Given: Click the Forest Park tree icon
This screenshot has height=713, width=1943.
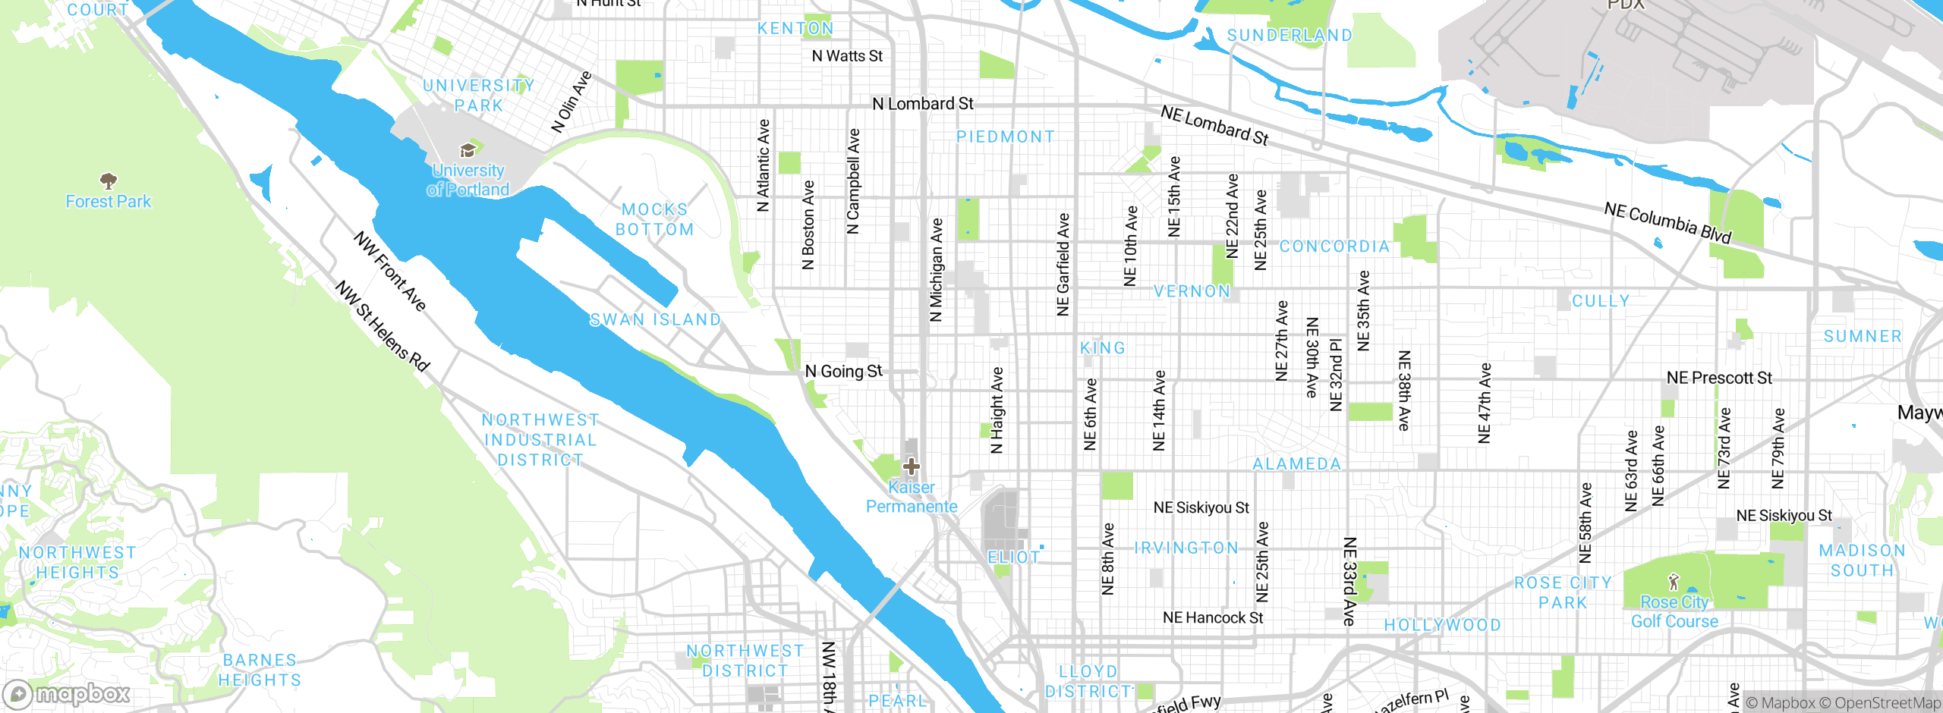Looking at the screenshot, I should (109, 181).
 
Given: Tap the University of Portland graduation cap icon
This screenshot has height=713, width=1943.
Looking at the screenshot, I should (468, 150).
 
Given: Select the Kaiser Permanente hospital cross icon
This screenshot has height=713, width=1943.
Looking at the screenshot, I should (912, 466).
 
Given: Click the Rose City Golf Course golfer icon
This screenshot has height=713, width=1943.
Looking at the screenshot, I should (1674, 583).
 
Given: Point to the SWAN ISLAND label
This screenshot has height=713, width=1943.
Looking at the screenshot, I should (655, 320).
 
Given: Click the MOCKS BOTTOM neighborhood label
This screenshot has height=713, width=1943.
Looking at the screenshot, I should (654, 219).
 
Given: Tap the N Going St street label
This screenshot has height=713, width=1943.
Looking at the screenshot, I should (844, 372).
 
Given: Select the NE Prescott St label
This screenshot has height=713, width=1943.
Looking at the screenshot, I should (1719, 378).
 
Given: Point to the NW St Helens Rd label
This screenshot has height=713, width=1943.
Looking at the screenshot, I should (383, 326).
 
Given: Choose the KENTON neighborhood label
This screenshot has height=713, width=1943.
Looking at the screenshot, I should (795, 29).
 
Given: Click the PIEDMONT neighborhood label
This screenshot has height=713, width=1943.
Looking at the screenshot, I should (1006, 137).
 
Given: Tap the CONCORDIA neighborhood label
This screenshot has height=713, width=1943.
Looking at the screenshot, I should (1334, 247).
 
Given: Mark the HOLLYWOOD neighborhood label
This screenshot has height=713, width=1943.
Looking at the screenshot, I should (1442, 625).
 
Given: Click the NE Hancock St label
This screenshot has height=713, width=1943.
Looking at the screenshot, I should (1213, 618).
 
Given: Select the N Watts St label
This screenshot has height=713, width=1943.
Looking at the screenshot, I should (847, 56).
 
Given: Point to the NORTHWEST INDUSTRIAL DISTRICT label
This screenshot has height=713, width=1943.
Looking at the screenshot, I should (540, 440).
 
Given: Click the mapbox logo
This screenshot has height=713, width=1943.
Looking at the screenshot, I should (67, 693).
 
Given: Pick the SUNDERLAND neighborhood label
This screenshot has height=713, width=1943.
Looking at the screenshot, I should (1290, 36).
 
